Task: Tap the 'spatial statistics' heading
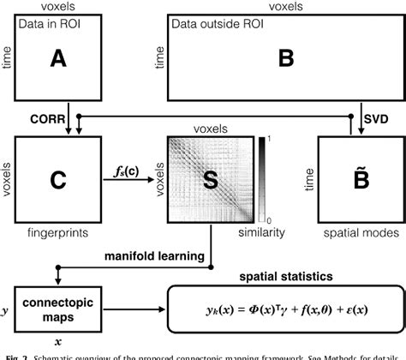pyautogui.click(x=287, y=276)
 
